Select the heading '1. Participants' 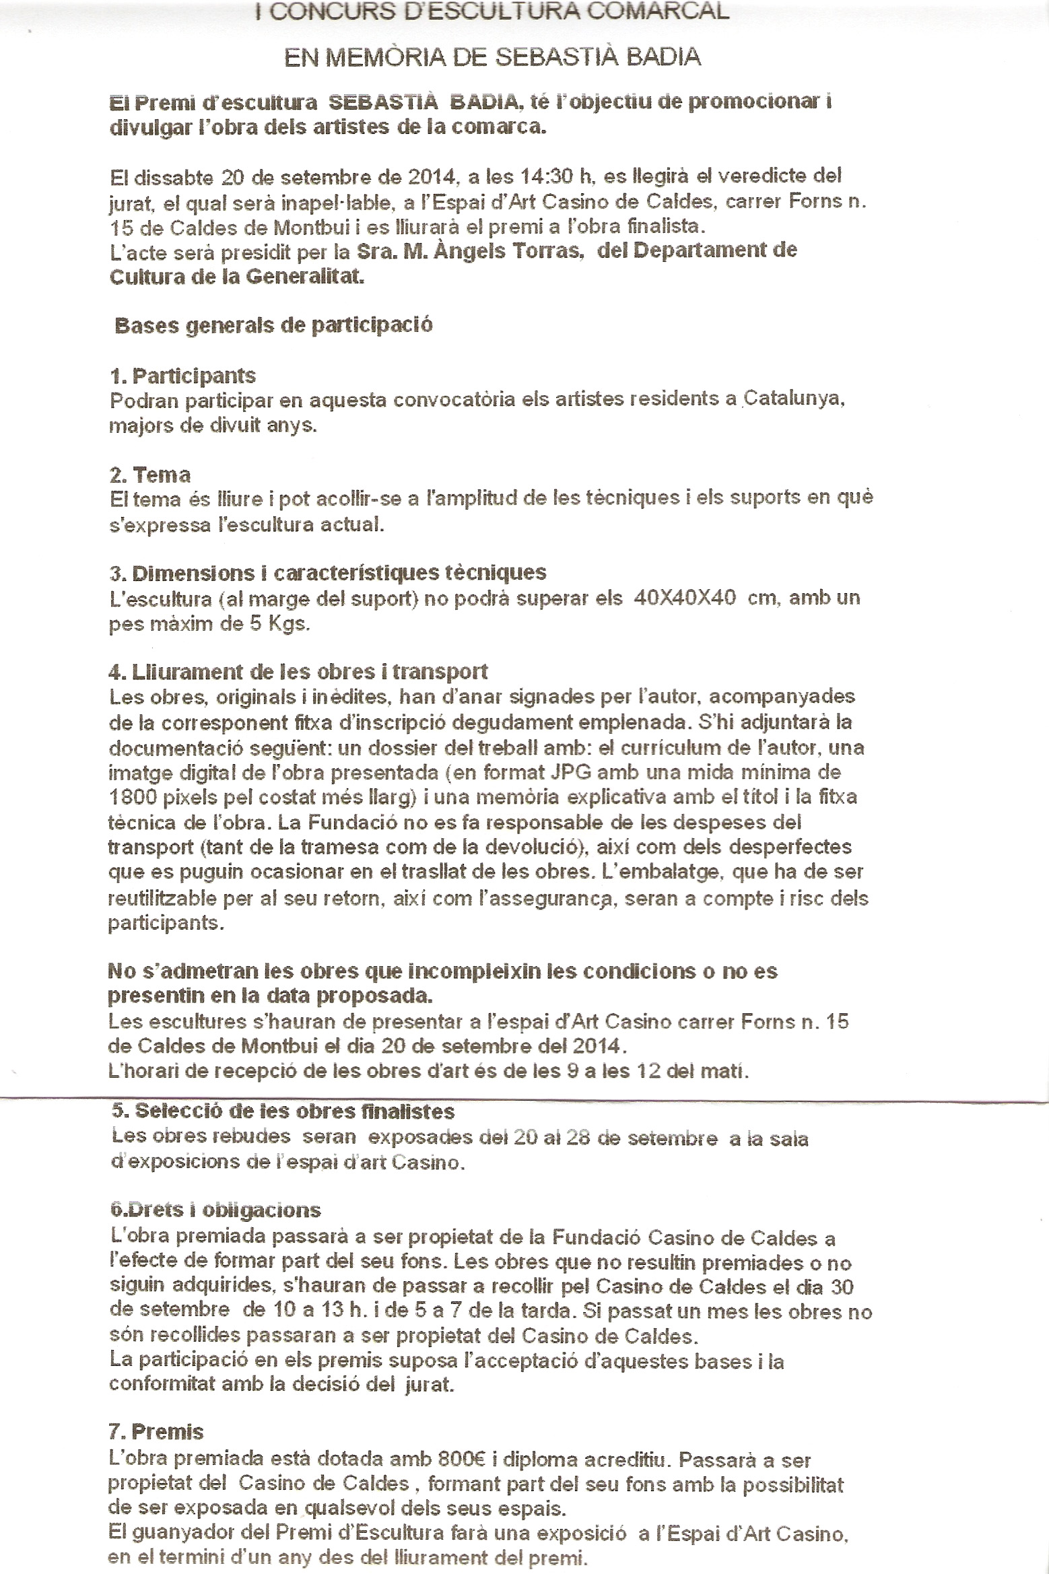(x=182, y=375)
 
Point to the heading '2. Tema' (x=149, y=475)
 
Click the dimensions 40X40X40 (x=684, y=598)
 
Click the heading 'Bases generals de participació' (x=274, y=325)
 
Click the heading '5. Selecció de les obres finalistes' (x=282, y=1111)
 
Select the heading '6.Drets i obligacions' (x=215, y=1210)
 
